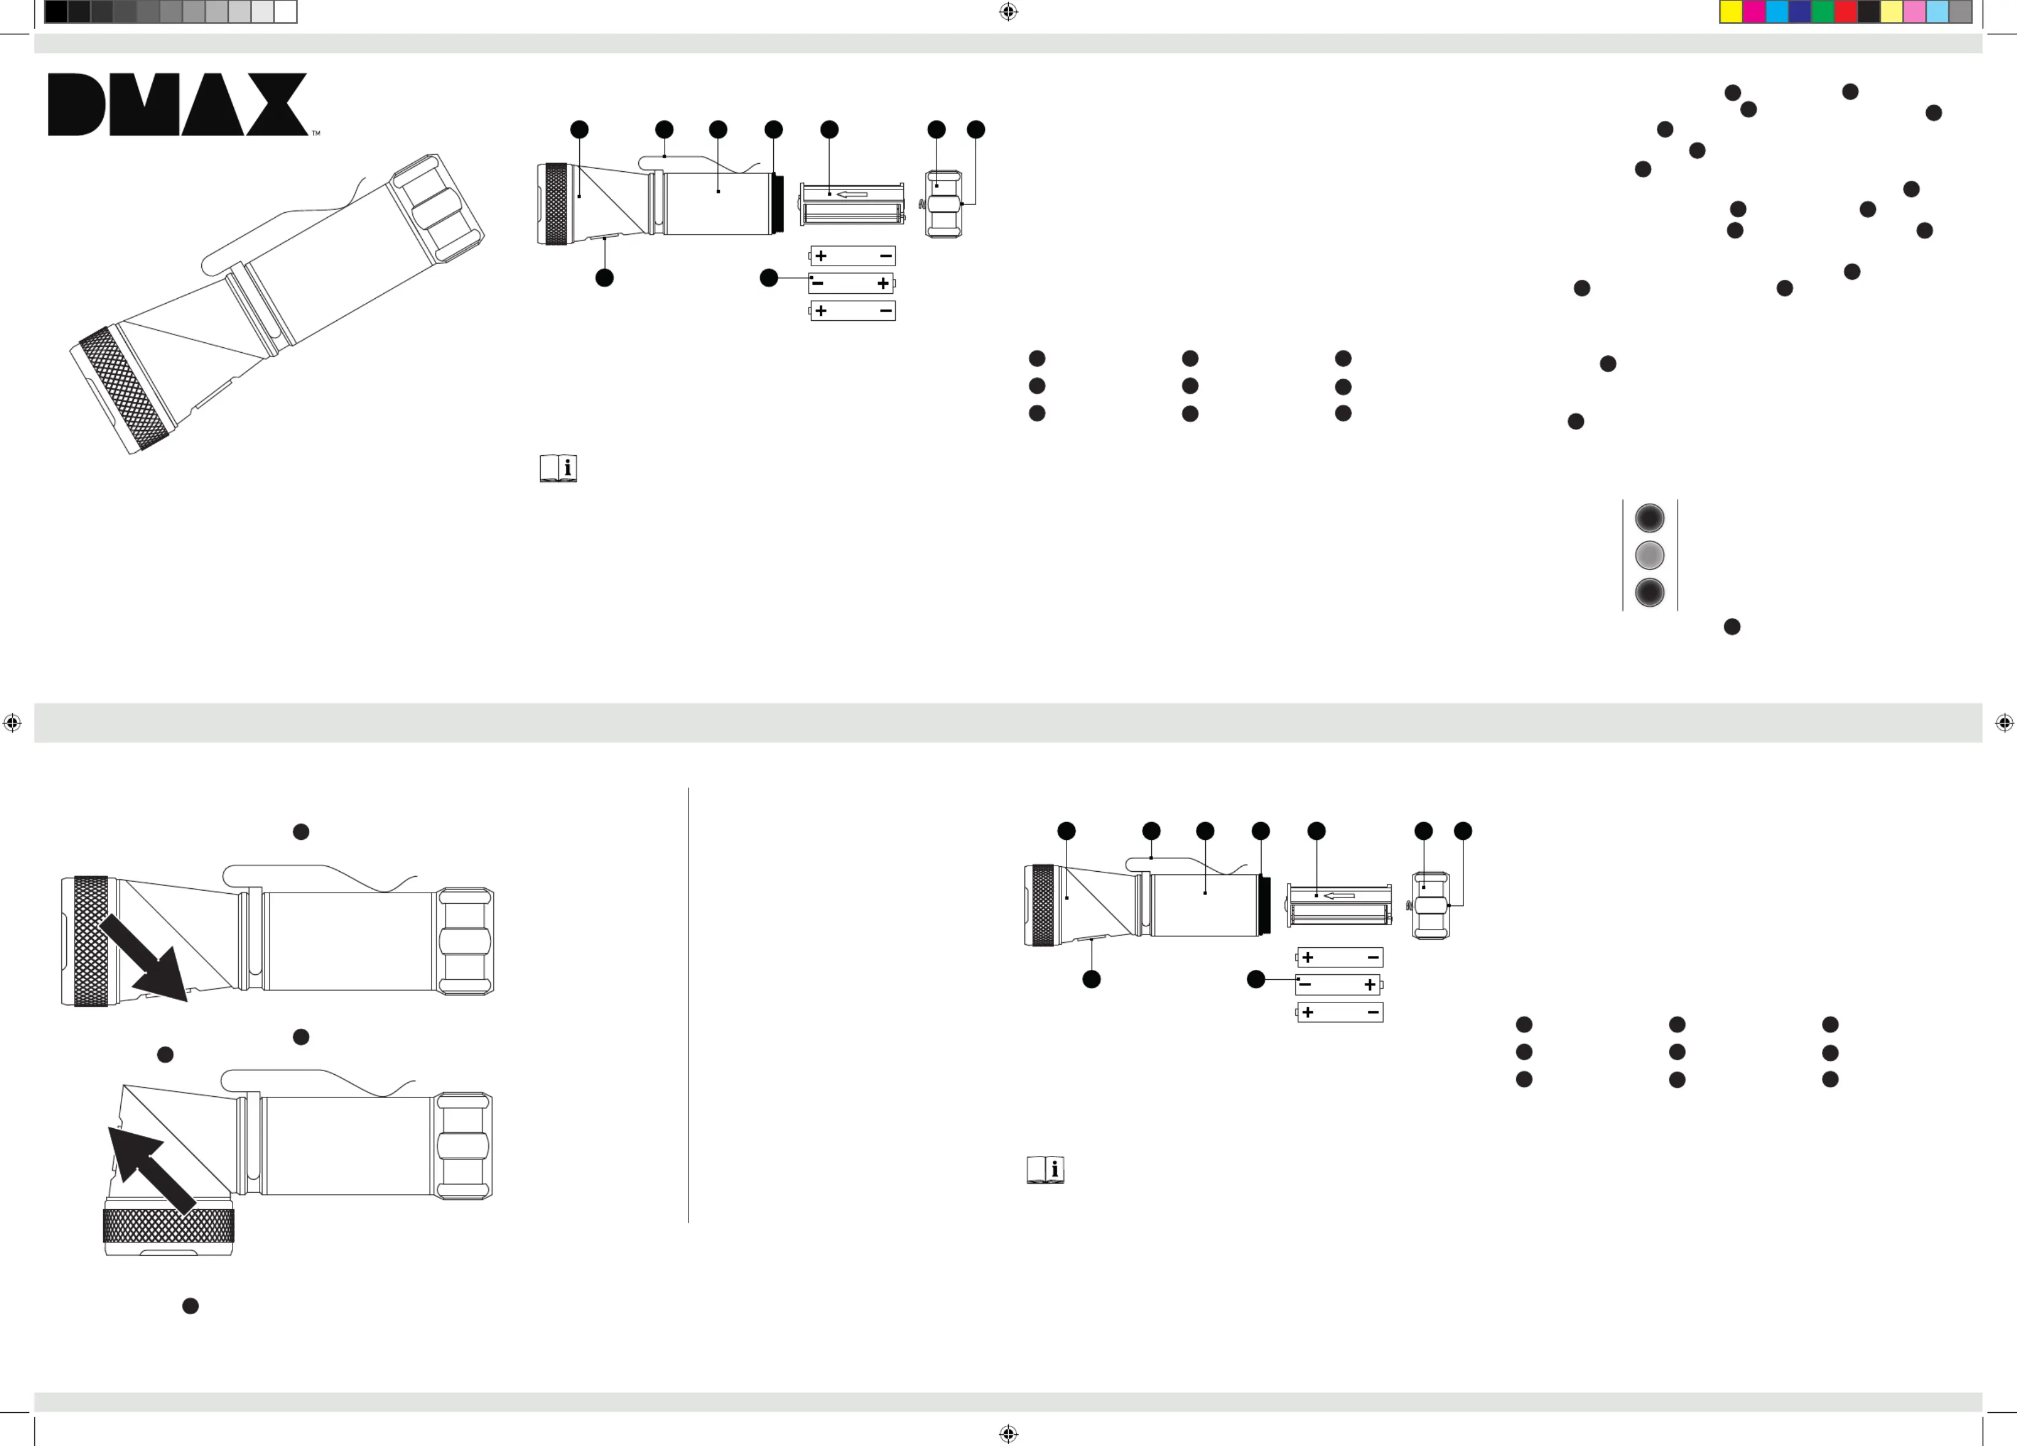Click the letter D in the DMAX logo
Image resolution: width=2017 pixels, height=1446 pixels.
click(x=77, y=104)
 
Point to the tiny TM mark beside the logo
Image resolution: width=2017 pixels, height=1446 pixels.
click(x=315, y=133)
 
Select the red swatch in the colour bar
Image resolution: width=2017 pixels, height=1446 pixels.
click(x=1845, y=12)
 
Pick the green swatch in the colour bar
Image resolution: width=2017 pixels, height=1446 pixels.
click(x=1822, y=12)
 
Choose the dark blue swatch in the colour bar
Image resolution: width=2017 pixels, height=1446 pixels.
click(x=1799, y=12)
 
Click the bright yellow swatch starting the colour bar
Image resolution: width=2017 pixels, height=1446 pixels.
click(x=1730, y=12)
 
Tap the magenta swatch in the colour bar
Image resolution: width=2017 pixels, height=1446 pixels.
click(x=1754, y=12)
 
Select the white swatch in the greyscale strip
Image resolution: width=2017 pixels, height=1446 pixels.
click(x=285, y=12)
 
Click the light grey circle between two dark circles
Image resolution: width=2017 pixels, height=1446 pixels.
click(x=1649, y=555)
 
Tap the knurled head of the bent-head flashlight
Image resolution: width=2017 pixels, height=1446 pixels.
click(x=169, y=1226)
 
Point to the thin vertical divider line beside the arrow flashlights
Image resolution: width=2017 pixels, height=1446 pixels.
click(x=688, y=1005)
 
